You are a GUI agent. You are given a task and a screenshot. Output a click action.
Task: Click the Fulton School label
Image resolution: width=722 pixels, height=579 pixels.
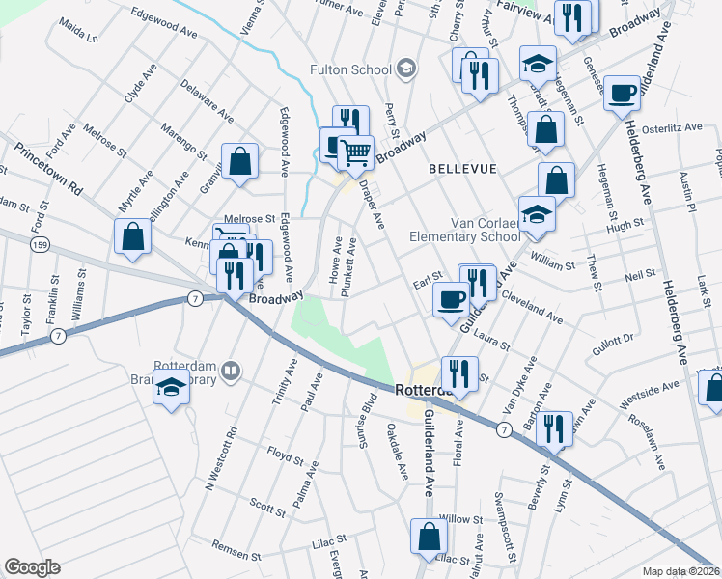pyautogui.click(x=350, y=69)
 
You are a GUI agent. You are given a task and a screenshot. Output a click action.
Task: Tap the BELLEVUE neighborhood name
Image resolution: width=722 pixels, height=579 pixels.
pyautogui.click(x=463, y=169)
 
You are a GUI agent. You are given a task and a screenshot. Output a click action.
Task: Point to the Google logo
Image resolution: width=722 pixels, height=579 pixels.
pyautogui.click(x=32, y=567)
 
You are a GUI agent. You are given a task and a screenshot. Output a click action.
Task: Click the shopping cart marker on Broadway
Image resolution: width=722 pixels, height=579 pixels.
pyautogui.click(x=355, y=151)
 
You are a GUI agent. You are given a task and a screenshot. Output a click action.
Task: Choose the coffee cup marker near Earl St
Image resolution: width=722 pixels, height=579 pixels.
pyautogui.click(x=450, y=299)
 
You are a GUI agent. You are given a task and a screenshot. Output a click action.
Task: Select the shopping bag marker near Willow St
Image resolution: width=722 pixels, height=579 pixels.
pyautogui.click(x=429, y=537)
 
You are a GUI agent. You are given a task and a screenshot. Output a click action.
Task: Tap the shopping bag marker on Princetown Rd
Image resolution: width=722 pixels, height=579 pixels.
pyautogui.click(x=132, y=237)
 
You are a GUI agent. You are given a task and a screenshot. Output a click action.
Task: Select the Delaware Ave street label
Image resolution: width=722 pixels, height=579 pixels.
pyautogui.click(x=207, y=102)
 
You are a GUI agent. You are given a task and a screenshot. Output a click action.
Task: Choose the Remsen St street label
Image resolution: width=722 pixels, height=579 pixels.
pyautogui.click(x=236, y=545)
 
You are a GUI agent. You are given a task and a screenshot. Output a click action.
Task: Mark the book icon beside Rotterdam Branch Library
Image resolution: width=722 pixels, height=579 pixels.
pyautogui.click(x=231, y=371)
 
